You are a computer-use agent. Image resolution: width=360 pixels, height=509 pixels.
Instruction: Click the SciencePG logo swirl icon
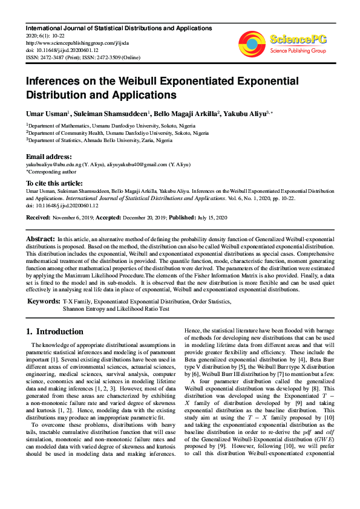252,43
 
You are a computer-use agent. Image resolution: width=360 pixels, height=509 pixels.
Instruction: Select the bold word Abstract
40,239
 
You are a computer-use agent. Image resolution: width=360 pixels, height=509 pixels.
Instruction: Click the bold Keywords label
43,300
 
